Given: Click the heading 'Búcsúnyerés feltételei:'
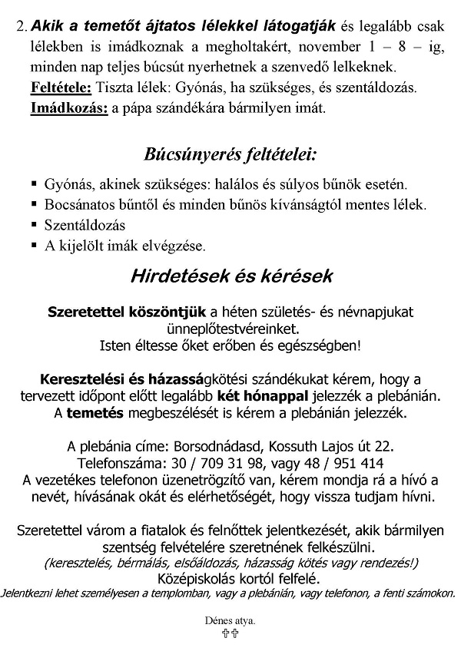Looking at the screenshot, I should point(230,154).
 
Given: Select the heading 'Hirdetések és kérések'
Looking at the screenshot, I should point(230,274).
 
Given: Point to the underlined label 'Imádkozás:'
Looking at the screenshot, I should point(68,108).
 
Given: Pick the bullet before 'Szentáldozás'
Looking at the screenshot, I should point(35,226).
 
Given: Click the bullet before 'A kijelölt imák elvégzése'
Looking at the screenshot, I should point(35,246).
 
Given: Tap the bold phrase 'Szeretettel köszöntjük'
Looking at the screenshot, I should point(127,312).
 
